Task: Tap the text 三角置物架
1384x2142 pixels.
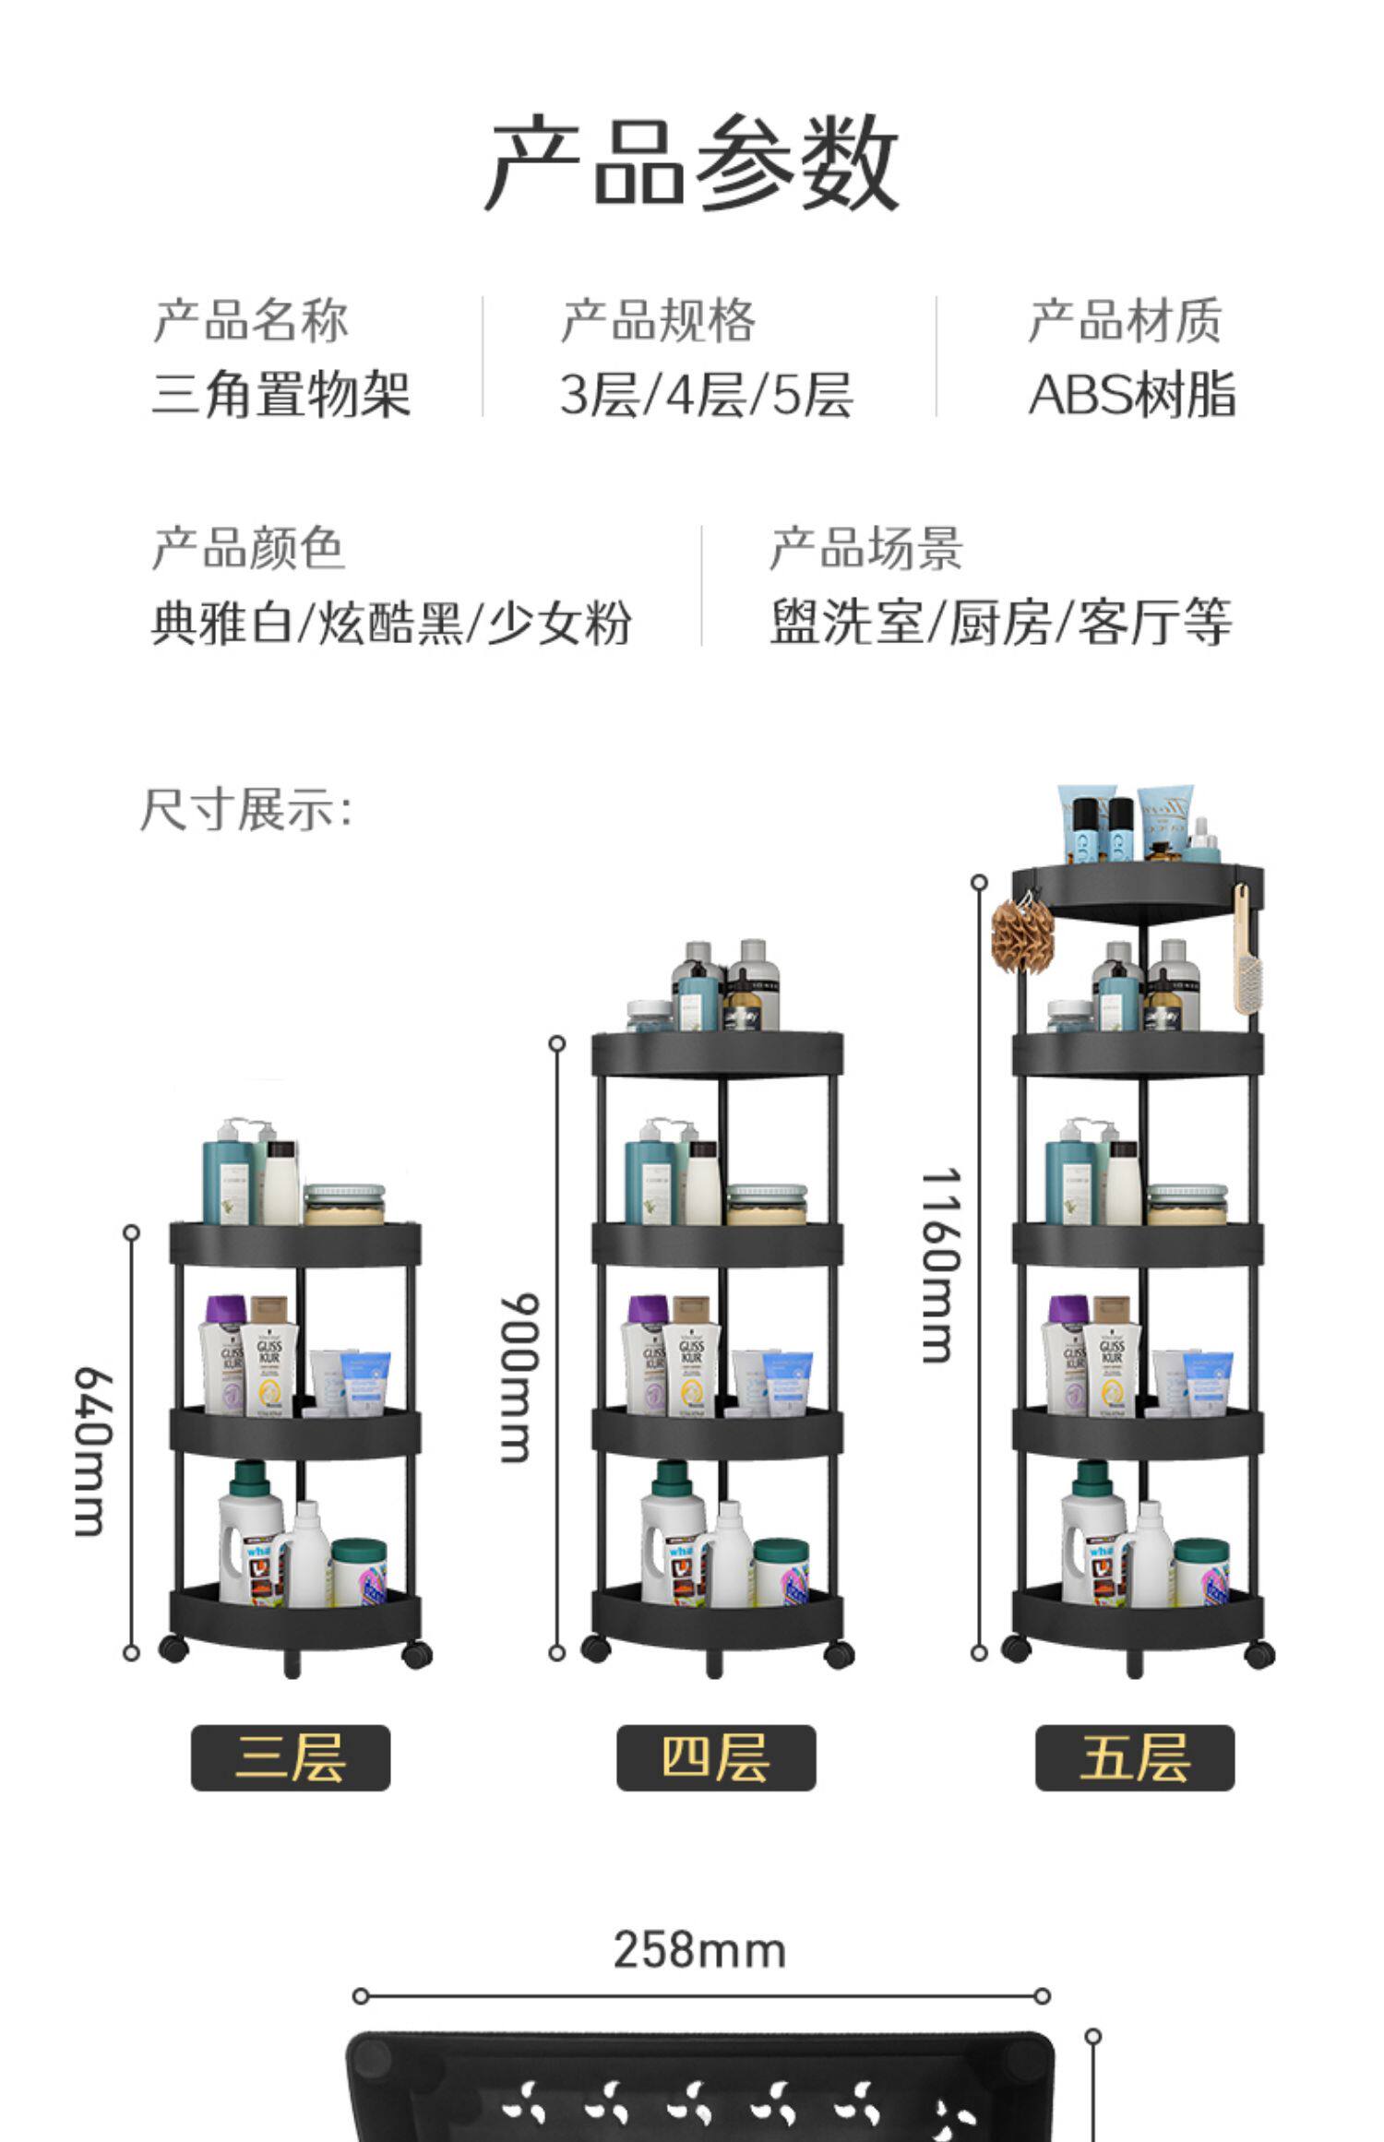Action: click(280, 394)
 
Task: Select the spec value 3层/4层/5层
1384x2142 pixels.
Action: click(707, 394)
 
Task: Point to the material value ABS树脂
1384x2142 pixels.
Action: click(1131, 394)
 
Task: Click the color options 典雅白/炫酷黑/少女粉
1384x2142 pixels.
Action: click(391, 622)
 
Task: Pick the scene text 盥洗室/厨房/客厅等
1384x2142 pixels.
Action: click(1001, 622)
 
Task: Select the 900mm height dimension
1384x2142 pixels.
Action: click(517, 1378)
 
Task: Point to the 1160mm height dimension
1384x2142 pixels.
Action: click(941, 1266)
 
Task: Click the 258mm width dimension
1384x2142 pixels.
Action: click(699, 1951)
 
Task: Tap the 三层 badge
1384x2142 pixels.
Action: click(291, 1758)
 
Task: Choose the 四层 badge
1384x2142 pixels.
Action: click(716, 1758)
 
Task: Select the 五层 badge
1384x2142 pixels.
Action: click(1134, 1758)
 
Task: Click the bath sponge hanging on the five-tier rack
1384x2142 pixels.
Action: click(1021, 935)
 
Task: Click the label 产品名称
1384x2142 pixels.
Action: click(251, 321)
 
